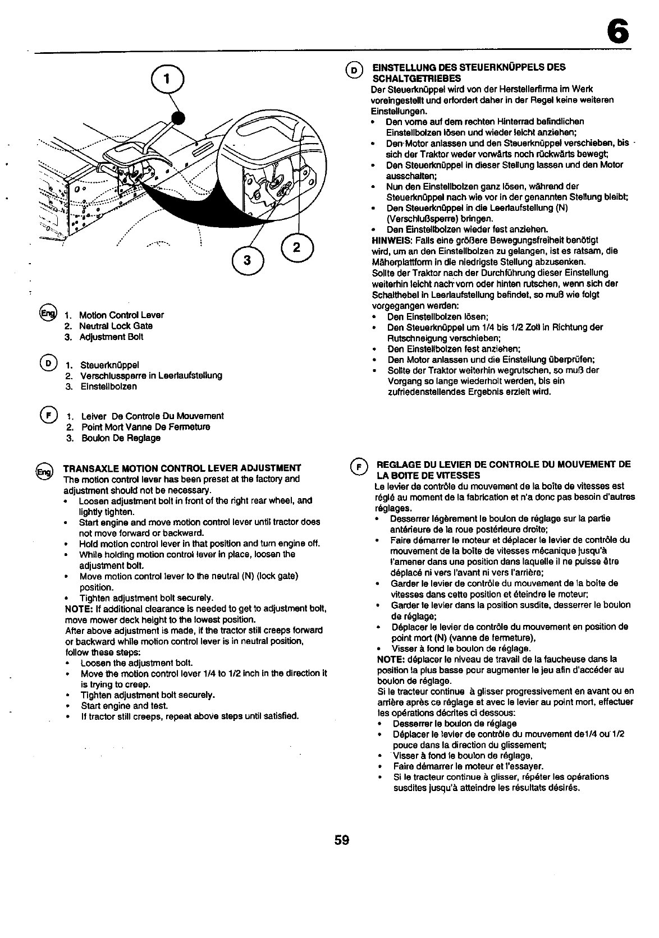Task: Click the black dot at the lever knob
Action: pyautogui.click(x=179, y=117)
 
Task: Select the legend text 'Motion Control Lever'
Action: pyautogui.click(x=121, y=315)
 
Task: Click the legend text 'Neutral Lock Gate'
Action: pyautogui.click(x=116, y=326)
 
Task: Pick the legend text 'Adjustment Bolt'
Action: pyautogui.click(x=111, y=337)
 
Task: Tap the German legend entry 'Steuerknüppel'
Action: pyautogui.click(x=109, y=365)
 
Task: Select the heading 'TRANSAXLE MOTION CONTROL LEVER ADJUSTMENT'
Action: pyautogui.click(x=182, y=468)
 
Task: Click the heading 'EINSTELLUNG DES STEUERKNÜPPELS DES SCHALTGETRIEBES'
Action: pyautogui.click(x=465, y=72)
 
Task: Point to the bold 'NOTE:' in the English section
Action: pyautogui.click(x=78, y=609)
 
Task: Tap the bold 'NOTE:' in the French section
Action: pyautogui.click(x=391, y=659)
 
